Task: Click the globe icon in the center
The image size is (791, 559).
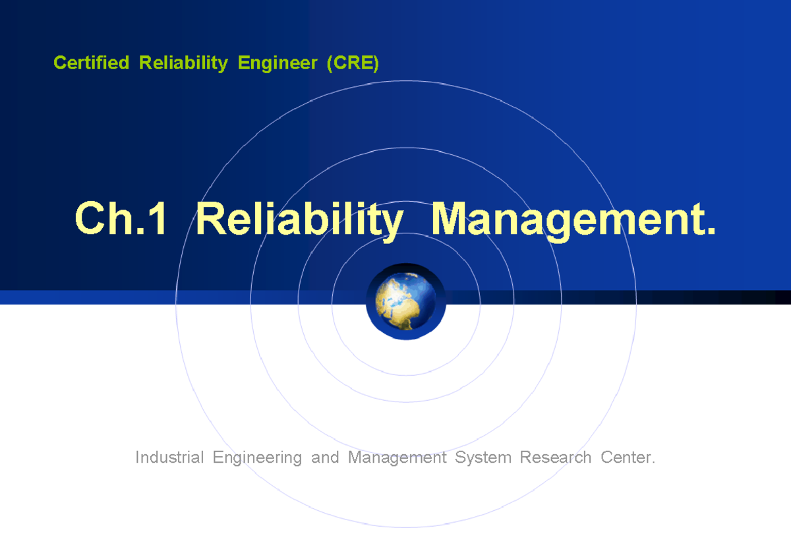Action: point(405,302)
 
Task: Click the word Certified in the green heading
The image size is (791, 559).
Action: point(91,63)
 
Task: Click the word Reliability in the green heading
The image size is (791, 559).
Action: point(183,63)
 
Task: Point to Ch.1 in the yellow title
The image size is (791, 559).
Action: point(121,219)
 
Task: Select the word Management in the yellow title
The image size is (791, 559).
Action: point(567,219)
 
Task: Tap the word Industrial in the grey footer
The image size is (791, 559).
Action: point(169,457)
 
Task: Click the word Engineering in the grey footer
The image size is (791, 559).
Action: point(257,457)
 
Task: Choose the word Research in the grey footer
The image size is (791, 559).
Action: point(556,457)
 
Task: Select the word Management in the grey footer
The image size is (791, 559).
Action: point(397,457)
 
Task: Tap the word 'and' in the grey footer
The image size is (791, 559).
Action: point(325,457)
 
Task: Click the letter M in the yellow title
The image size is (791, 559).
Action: point(450,219)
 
